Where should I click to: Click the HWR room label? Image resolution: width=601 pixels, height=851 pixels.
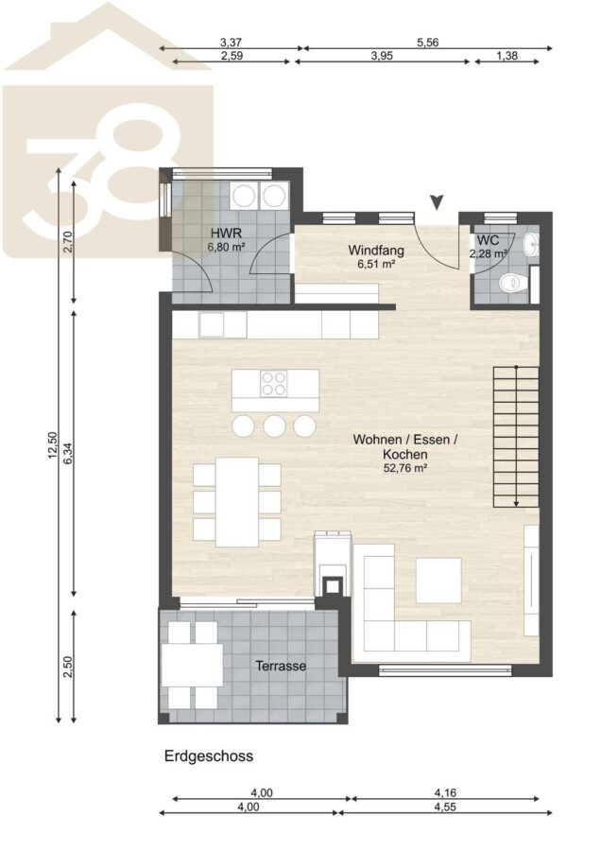[226, 234]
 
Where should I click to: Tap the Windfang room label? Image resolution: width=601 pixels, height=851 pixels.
[376, 251]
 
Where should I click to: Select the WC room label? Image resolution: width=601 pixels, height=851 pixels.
[489, 240]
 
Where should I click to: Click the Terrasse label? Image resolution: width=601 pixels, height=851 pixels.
[281, 666]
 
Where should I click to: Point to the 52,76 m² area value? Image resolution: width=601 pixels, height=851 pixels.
[405, 468]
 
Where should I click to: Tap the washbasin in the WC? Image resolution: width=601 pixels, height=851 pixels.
[531, 245]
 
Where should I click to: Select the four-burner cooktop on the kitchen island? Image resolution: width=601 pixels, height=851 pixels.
[273, 383]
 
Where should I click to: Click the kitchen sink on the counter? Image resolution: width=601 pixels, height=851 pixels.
[211, 324]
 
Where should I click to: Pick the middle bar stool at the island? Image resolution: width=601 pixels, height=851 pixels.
[274, 426]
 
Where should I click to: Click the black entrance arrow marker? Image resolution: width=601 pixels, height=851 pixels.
[437, 202]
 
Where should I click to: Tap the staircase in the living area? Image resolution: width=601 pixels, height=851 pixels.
[516, 437]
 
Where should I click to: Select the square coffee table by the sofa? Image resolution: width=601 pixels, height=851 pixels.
[438, 581]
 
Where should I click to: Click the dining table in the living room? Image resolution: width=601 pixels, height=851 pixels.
[237, 501]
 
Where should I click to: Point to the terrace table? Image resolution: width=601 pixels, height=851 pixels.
[193, 666]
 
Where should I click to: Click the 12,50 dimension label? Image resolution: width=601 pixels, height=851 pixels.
[53, 445]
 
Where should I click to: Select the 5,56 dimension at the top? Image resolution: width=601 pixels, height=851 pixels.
[428, 42]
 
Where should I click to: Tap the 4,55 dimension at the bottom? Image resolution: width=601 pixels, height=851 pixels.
[445, 807]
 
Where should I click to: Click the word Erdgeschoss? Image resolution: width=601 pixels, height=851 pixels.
[209, 755]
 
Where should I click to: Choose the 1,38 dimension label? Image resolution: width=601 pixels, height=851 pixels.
[507, 55]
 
